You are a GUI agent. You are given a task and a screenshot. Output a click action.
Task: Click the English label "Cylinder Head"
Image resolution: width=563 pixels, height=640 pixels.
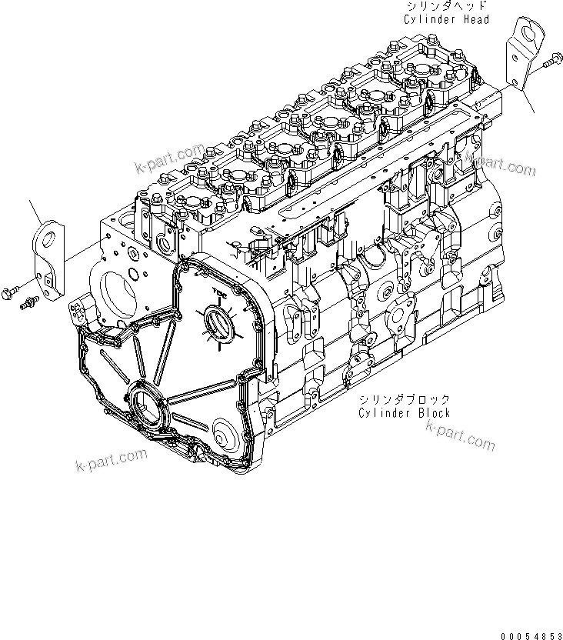(x=446, y=19)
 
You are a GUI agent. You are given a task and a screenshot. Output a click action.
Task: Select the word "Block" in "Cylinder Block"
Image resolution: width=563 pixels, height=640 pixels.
(x=431, y=413)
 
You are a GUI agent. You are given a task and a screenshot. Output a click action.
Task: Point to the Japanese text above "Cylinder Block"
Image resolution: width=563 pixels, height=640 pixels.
(x=404, y=401)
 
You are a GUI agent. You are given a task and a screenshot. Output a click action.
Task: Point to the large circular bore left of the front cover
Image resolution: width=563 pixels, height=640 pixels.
(x=119, y=292)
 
